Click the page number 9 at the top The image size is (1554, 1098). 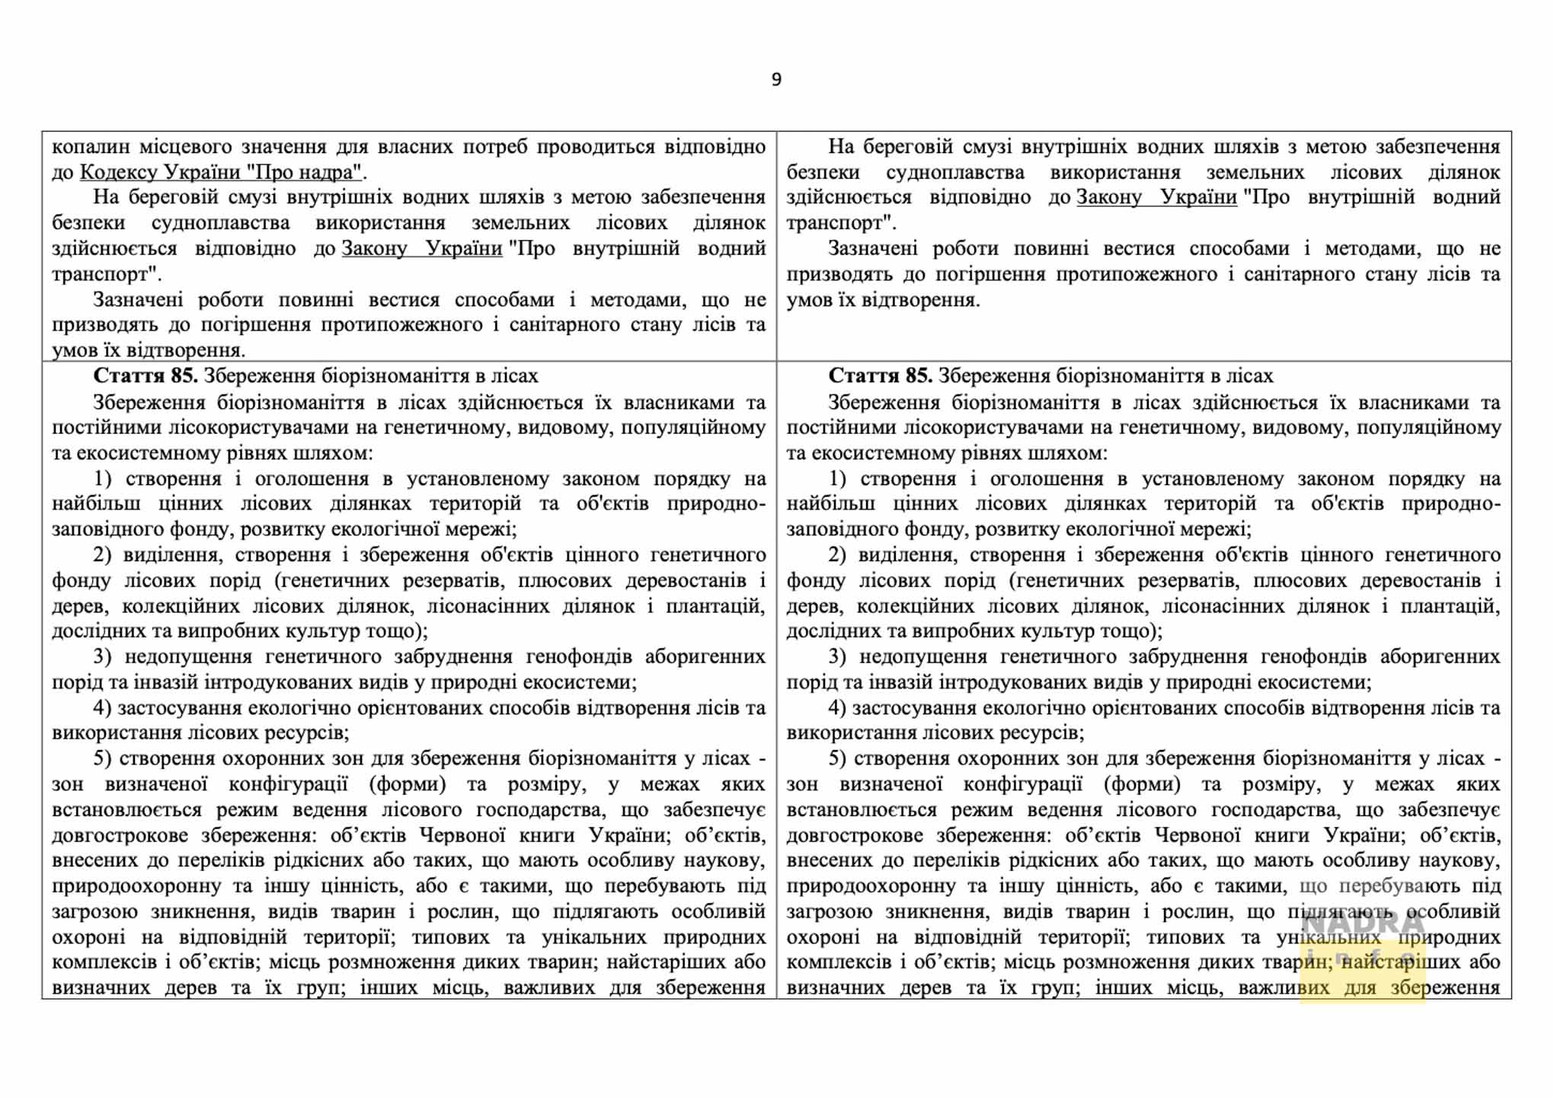[x=776, y=80]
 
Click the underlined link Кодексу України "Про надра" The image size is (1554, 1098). [x=220, y=172]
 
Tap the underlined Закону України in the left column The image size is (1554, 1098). [x=422, y=249]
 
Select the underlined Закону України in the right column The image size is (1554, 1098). [x=1156, y=198]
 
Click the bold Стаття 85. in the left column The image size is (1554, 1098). [x=145, y=376]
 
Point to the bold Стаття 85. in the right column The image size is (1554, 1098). [x=880, y=376]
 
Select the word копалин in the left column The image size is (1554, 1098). [x=91, y=147]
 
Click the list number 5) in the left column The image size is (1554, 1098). [x=103, y=758]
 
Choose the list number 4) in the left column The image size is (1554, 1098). [x=103, y=708]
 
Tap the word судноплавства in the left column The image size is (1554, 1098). [x=220, y=223]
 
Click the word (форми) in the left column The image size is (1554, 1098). [x=408, y=784]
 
